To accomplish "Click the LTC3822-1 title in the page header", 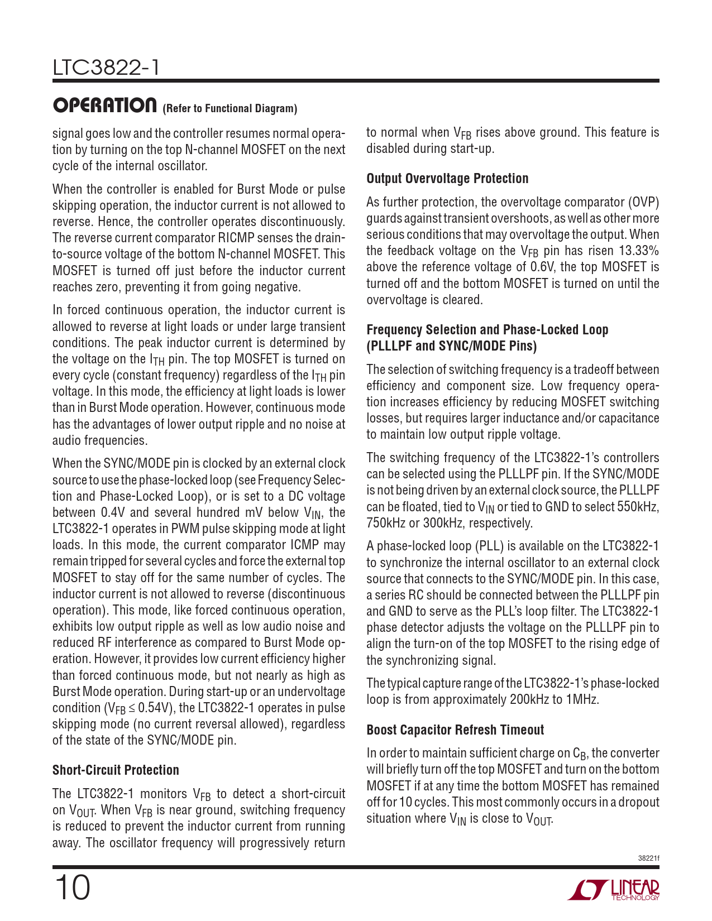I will [x=106, y=68].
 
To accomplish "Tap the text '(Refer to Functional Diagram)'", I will [x=230, y=108].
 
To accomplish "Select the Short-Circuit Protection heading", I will [x=116, y=770].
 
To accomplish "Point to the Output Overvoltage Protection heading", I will [x=447, y=179].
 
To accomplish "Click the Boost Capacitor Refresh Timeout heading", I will [x=455, y=730].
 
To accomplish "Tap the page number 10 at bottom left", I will [x=72, y=888].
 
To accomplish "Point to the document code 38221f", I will [x=648, y=857].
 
